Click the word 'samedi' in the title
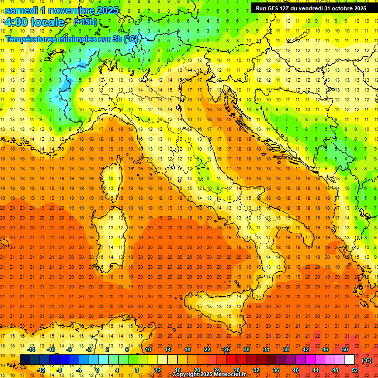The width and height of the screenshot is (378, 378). tap(22, 10)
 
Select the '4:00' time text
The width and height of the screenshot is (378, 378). tap(18, 22)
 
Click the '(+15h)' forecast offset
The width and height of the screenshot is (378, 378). tap(85, 22)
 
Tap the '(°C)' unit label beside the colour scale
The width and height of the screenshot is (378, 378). tap(366, 360)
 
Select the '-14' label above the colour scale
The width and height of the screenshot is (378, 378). tap(31, 349)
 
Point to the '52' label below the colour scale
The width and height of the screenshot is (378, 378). tap(355, 370)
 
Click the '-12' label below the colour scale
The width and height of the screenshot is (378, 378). tap(41, 370)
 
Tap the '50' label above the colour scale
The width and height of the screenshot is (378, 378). tap(345, 349)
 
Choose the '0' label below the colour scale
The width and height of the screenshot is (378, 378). tap(97, 370)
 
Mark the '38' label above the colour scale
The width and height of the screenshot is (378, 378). tap(285, 349)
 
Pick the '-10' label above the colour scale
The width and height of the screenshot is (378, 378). tap(51, 349)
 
